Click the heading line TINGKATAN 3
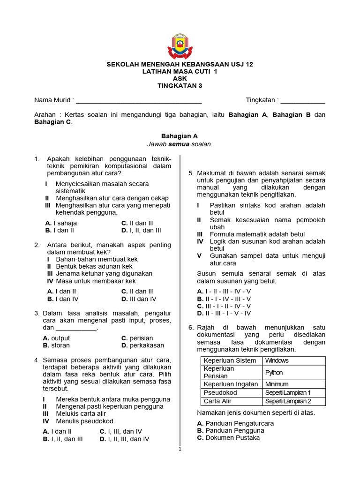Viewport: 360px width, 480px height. click(x=180, y=86)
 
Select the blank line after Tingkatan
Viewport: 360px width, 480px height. click(x=302, y=100)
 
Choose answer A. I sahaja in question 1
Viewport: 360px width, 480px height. click(x=61, y=223)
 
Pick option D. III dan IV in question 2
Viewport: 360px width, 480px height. click(x=139, y=299)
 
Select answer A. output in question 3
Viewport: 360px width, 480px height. click(x=56, y=338)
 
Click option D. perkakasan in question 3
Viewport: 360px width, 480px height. click(x=142, y=345)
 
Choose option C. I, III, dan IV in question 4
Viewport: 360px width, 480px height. click(x=120, y=432)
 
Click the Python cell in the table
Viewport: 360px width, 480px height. click(x=274, y=373)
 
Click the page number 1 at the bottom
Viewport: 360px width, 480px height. click(x=180, y=449)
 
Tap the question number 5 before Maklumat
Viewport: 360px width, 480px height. click(x=191, y=173)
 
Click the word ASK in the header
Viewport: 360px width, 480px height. click(x=180, y=79)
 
